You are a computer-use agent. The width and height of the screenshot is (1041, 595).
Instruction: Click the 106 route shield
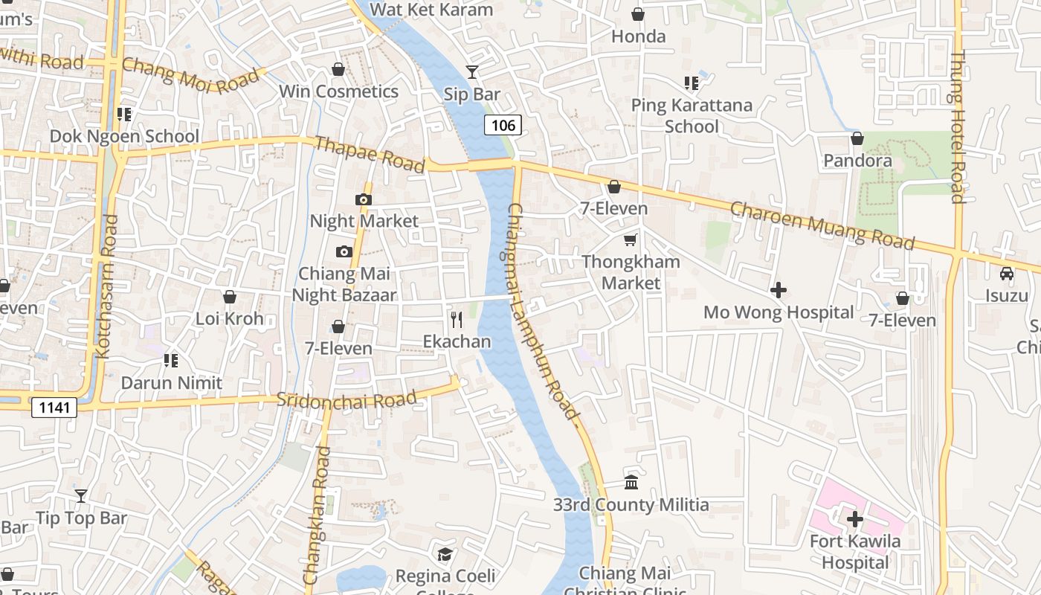tap(503, 125)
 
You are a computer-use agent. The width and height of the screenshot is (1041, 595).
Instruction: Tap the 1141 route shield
tap(55, 408)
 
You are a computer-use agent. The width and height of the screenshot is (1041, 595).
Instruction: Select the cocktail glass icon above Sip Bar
tap(472, 71)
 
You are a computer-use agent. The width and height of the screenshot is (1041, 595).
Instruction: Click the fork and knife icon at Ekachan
tap(457, 320)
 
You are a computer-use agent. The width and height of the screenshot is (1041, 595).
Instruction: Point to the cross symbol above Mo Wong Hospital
tap(779, 289)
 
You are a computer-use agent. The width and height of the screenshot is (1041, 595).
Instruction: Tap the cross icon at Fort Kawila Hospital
tap(855, 518)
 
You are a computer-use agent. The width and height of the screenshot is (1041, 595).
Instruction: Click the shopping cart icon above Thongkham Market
tap(631, 239)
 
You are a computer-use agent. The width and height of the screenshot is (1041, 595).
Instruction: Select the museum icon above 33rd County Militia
tap(631, 483)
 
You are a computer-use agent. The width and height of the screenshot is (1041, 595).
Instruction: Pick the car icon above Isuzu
tap(1007, 273)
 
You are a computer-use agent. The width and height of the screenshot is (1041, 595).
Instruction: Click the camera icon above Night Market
tap(364, 199)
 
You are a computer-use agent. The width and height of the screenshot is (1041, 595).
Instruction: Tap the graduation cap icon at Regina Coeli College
tap(445, 554)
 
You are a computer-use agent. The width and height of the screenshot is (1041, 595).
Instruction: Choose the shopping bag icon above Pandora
tap(857, 138)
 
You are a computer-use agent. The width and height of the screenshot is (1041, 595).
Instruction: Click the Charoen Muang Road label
tap(822, 225)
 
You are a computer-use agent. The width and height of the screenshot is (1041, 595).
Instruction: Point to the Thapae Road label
tap(370, 153)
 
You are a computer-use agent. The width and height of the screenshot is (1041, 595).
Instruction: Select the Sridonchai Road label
tap(347, 399)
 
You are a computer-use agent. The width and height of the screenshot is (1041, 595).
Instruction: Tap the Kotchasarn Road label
tap(109, 286)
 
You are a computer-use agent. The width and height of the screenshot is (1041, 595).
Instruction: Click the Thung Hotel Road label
tap(958, 126)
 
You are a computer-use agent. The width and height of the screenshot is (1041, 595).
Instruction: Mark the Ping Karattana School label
tap(692, 115)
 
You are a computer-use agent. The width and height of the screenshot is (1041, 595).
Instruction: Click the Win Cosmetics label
tap(338, 91)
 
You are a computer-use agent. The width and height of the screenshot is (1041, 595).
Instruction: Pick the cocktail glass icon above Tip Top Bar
tap(81, 495)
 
